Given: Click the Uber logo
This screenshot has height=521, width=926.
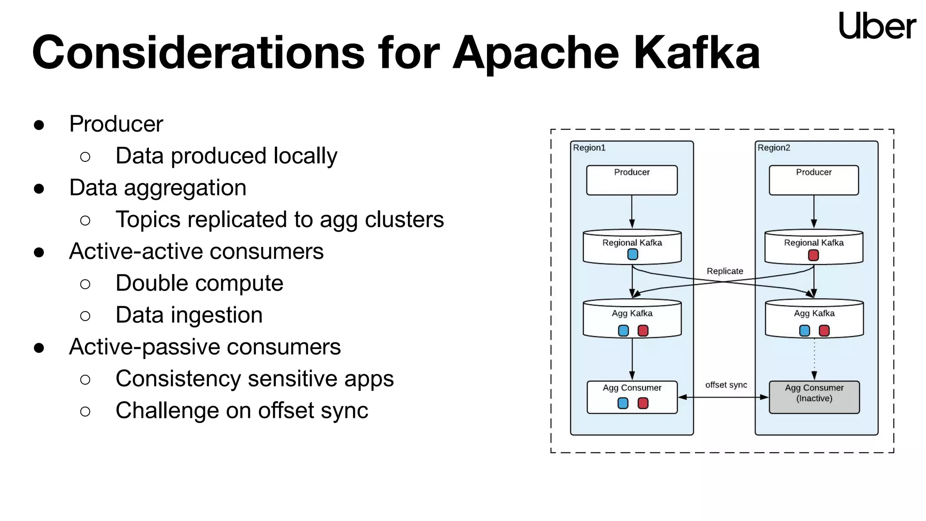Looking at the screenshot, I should coord(877,26).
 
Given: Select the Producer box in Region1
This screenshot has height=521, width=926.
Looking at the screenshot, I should coord(632,180).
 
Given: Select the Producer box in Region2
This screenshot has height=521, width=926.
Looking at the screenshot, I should coord(813,180).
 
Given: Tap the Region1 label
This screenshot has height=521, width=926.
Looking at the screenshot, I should coord(589,148).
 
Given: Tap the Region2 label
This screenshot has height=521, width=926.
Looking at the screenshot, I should coord(774,148).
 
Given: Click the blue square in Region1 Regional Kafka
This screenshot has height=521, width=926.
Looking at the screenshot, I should coord(633,255).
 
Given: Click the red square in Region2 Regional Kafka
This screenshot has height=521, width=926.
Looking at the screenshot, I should coord(813,256).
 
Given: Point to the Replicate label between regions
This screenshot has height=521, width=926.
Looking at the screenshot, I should coord(725,271).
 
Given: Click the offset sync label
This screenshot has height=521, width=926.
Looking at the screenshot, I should coord(726,385).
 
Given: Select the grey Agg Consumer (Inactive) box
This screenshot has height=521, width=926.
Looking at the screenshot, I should coord(814,397).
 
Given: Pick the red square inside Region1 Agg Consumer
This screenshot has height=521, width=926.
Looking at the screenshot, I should coord(643,403).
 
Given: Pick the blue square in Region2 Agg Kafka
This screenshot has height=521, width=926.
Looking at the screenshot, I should coord(804,331).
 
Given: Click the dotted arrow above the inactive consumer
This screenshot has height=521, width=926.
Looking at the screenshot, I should coord(814,357).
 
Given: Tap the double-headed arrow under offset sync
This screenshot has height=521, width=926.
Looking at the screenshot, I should coord(723,397).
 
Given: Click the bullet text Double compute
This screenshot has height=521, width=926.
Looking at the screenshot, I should coord(199,284).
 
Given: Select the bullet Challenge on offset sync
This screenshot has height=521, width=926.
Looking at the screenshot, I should coord(242,411).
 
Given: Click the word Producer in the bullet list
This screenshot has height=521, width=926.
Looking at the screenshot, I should coord(116,124).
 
